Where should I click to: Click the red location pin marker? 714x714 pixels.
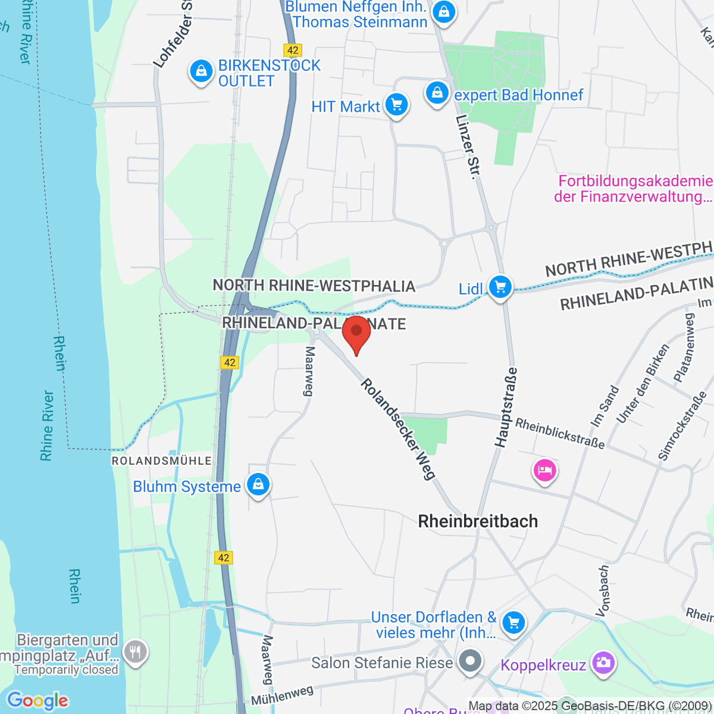tap(356, 333)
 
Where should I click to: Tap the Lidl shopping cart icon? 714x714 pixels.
tap(500, 287)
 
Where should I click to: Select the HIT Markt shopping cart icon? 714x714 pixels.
tap(397, 105)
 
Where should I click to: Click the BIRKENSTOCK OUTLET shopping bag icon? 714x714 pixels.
tap(201, 72)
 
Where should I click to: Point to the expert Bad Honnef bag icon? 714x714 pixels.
tap(437, 93)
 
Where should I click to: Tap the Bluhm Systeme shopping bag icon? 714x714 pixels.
tap(258, 485)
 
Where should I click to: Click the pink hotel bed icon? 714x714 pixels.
tap(545, 471)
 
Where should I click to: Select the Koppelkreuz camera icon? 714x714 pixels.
tap(603, 662)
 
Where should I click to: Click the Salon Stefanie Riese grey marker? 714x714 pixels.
tap(471, 661)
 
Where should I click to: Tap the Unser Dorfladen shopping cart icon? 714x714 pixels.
tap(513, 623)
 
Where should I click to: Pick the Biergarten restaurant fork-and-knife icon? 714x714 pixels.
tap(136, 652)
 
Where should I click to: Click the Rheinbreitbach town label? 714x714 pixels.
tap(478, 521)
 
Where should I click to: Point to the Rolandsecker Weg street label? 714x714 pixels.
tap(398, 429)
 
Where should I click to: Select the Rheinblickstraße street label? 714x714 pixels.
tap(560, 433)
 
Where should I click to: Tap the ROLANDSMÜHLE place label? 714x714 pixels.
tap(162, 461)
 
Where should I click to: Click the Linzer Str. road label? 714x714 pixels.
tap(467, 147)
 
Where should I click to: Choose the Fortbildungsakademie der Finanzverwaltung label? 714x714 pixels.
tap(633, 189)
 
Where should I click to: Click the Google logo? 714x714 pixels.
tap(37, 701)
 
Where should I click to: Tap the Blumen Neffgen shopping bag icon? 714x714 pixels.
tap(443, 12)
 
